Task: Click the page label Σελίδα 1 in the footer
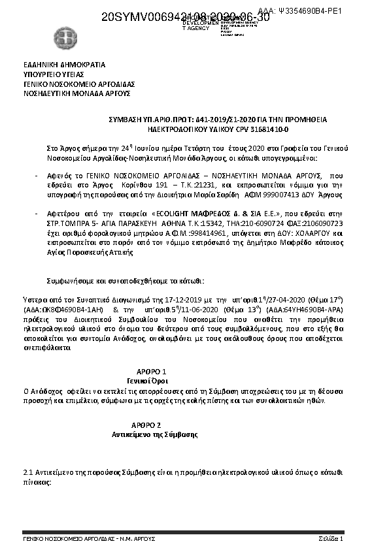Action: [331, 538]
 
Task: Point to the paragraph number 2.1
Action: [28, 470]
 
